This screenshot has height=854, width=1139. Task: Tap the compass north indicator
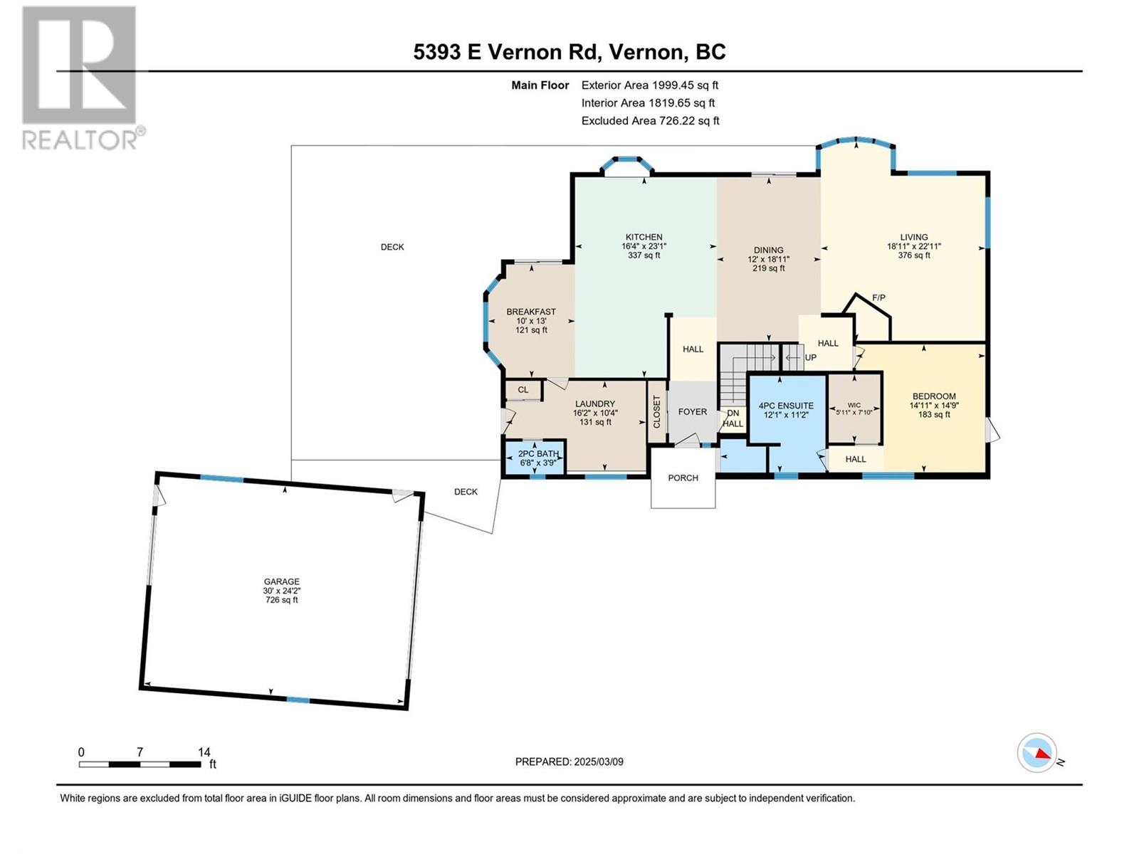1037,752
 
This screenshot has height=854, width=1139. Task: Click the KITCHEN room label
644,237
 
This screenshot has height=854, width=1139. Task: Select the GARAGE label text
281,581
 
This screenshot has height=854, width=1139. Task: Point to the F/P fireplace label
878,297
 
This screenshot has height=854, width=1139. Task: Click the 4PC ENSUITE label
786,406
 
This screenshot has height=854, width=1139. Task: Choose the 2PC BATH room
538,458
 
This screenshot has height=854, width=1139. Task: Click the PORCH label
683,478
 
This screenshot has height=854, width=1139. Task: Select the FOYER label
692,411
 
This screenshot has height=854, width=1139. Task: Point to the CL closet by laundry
523,390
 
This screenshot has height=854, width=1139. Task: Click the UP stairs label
810,357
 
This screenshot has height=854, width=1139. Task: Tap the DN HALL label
733,418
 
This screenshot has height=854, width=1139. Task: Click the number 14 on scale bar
204,752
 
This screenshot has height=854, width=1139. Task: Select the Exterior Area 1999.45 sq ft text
649,85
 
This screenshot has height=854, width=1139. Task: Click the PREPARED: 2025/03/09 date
569,761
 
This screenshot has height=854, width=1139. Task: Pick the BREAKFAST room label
531,312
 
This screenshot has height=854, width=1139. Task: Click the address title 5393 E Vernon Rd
569,52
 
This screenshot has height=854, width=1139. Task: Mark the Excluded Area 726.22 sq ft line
650,120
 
